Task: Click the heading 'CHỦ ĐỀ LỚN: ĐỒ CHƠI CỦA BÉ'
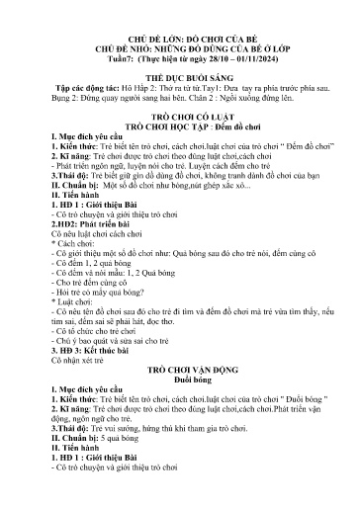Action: click(179, 20)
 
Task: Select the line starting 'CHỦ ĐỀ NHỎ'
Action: click(179, 32)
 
